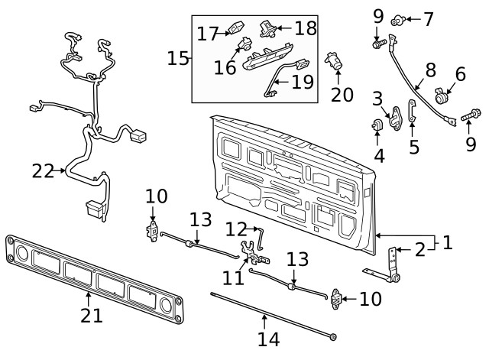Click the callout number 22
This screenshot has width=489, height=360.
coord(44,170)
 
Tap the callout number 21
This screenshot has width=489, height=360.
coord(92,316)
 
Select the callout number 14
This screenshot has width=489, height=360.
coord(268,338)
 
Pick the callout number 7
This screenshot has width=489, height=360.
coord(427,17)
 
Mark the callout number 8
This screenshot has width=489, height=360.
coord(430,70)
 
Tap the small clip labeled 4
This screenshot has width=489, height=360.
coord(377,125)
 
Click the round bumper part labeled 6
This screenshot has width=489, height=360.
coord(442,98)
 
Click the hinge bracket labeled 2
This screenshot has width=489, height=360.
coord(393,264)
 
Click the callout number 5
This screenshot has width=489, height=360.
coord(414,146)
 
